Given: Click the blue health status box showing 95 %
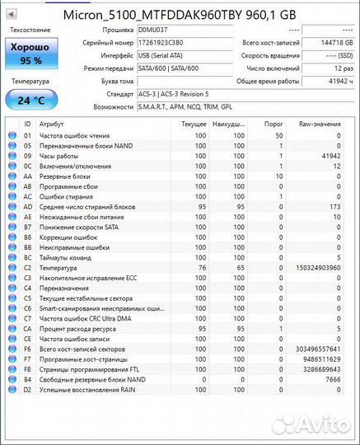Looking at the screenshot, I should pyautogui.click(x=30, y=54).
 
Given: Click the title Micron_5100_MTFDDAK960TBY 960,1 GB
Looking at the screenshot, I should pyautogui.click(x=180, y=13).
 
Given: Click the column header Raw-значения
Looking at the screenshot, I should pyautogui.click(x=320, y=124).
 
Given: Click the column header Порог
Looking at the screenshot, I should pyautogui.click(x=272, y=124).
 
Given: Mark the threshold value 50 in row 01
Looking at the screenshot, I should pyautogui.click(x=278, y=135).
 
